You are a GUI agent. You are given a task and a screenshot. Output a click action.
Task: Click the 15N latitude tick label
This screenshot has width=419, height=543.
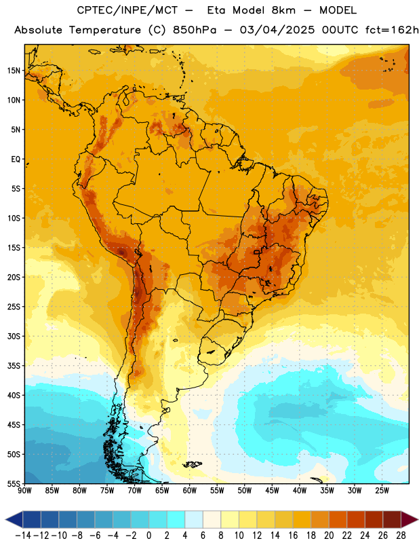pyautogui.click(x=14, y=71)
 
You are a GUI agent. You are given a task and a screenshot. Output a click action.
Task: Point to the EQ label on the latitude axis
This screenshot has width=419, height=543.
pyautogui.click(x=16, y=160)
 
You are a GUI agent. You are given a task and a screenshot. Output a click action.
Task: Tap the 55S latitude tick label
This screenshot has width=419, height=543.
pyautogui.click(x=14, y=483)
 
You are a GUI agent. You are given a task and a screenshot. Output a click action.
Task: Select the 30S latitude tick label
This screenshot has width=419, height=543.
pyautogui.click(x=14, y=336)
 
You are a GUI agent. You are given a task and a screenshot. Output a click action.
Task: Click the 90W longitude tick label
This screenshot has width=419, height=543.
pyautogui.click(x=24, y=490)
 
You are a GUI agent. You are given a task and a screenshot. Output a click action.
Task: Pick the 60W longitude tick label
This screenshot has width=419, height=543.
pyautogui.click(x=190, y=490)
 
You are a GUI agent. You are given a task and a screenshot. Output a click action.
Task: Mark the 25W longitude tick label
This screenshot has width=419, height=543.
pyautogui.click(x=382, y=490)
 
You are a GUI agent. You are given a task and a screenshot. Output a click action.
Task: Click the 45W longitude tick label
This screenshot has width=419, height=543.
pyautogui.click(x=272, y=490)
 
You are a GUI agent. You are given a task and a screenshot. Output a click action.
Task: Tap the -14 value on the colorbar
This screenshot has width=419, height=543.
pyautogui.click(x=23, y=536)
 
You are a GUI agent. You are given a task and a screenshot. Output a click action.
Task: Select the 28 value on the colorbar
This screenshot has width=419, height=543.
pyautogui.click(x=401, y=536)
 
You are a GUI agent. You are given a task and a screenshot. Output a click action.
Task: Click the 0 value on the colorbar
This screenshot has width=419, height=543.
pyautogui.click(x=148, y=536)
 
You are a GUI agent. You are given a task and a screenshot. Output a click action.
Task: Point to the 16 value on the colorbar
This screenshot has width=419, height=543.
pyautogui.click(x=293, y=536)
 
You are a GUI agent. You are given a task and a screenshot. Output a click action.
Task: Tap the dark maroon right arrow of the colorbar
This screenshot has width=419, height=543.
pyautogui.click(x=409, y=519)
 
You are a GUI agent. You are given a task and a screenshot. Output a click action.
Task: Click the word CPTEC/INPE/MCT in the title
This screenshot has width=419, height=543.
pyautogui.click(x=127, y=10)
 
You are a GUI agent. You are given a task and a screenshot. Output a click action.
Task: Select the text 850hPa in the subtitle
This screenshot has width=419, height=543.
pyautogui.click(x=195, y=30)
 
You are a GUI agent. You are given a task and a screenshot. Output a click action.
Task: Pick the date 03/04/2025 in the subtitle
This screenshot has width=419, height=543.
pyautogui.click(x=277, y=30)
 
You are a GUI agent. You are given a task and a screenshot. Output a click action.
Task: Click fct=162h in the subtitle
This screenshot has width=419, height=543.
pyautogui.click(x=392, y=30)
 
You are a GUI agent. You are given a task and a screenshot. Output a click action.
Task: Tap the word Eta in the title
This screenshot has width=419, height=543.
pyautogui.click(x=216, y=10)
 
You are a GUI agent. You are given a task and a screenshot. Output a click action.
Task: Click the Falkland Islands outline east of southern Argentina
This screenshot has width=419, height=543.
pyautogui.click(x=193, y=464)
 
